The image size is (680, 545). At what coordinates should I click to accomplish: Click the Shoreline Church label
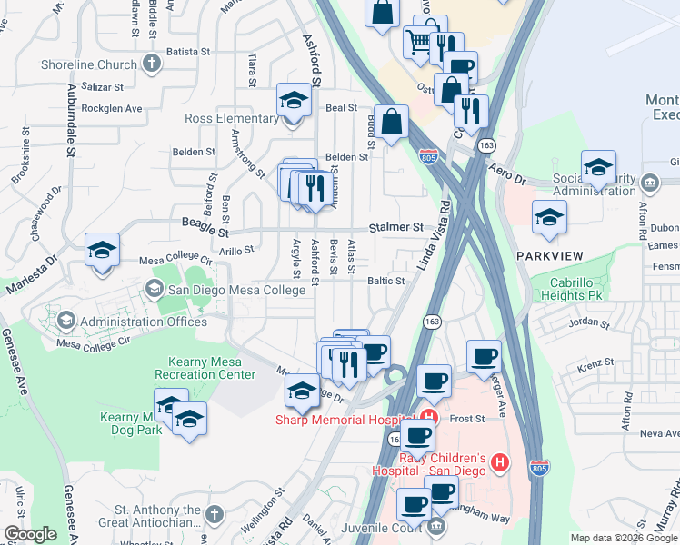[87, 64]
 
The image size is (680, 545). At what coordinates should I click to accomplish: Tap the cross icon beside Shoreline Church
[151, 64]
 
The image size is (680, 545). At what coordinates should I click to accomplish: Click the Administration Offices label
[144, 322]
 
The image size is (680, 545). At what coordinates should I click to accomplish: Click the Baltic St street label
[385, 282]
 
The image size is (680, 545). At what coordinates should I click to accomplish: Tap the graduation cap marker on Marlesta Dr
[103, 250]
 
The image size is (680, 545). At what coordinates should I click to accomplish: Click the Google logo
[30, 534]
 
